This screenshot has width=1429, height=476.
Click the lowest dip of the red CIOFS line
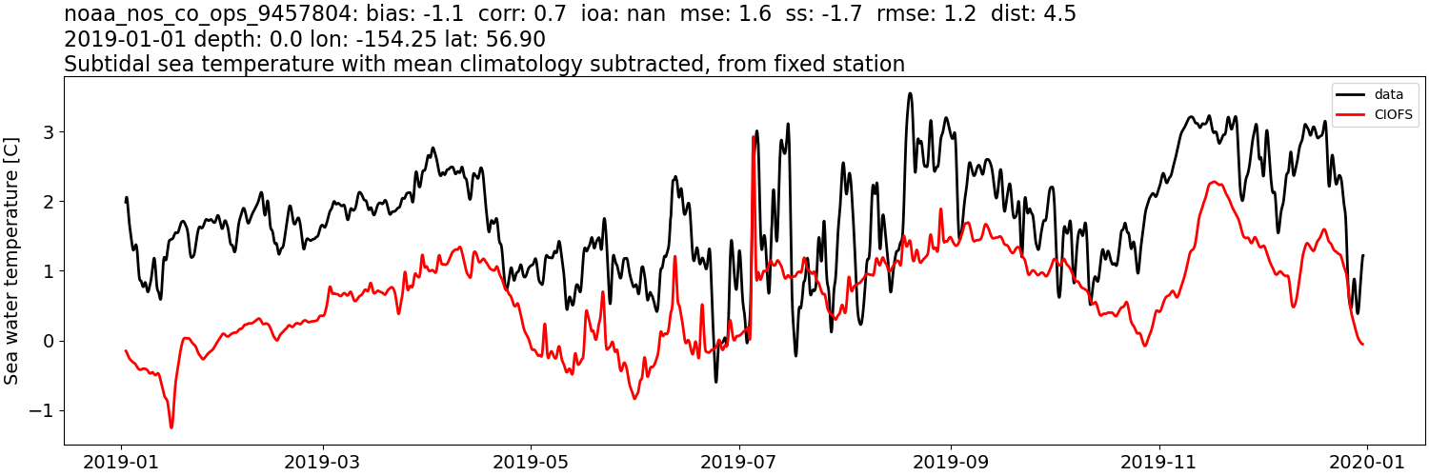click(x=171, y=427)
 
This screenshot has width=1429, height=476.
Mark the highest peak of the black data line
click(x=910, y=93)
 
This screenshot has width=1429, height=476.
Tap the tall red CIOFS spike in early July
click(x=754, y=137)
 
